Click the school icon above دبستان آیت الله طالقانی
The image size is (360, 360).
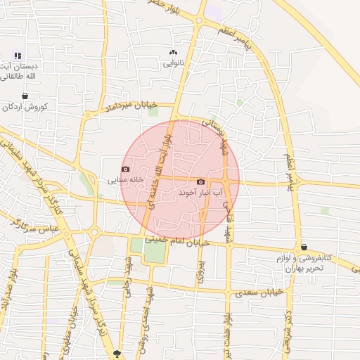coord(18,56)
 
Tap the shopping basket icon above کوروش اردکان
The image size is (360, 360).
coord(25,96)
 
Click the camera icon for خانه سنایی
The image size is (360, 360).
coord(126,169)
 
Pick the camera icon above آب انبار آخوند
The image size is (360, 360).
coord(201,181)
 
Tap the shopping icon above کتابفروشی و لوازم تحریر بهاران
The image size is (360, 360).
coord(304,247)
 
